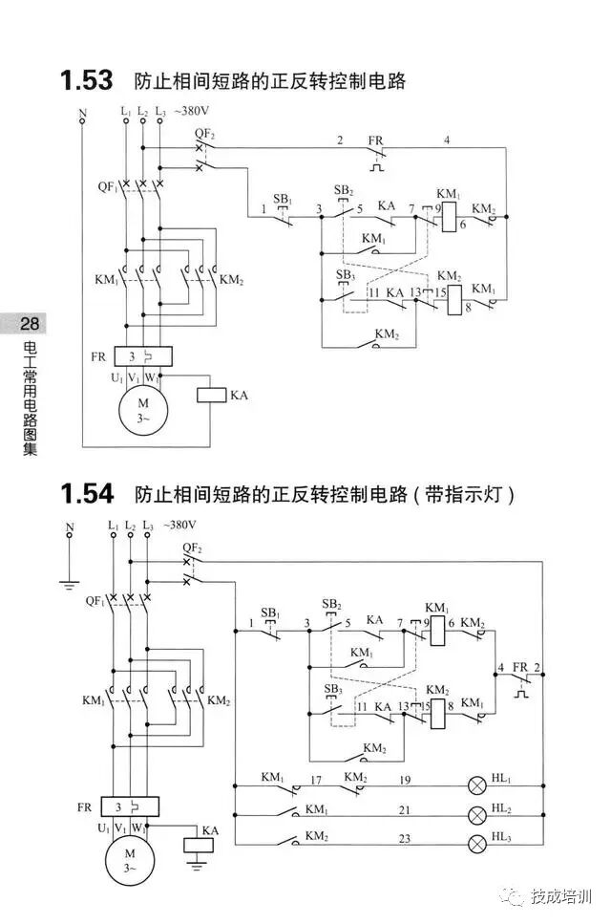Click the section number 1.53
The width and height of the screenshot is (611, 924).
86,80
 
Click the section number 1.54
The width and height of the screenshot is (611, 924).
86,494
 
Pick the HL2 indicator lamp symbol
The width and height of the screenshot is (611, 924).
475,815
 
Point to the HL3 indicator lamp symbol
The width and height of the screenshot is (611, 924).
475,844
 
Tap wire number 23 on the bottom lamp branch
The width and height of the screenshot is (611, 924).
405,837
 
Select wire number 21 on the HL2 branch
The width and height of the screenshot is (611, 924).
405,809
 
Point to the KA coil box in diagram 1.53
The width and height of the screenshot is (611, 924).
211,394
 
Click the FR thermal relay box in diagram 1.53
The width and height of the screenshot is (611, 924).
142,356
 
